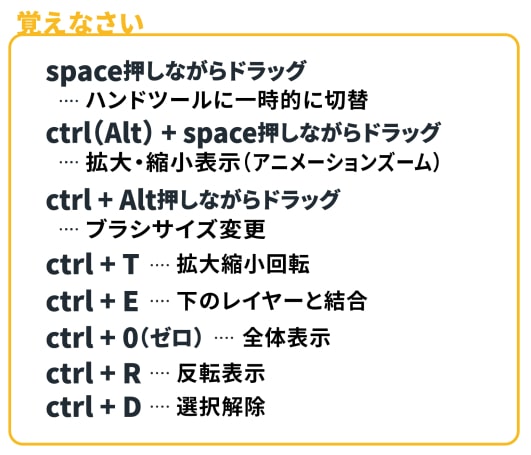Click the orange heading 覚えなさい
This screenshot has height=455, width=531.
[x=81, y=23]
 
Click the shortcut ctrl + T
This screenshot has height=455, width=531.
[x=92, y=264]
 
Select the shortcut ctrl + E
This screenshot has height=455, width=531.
[x=92, y=301]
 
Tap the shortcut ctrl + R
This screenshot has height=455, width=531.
[x=93, y=373]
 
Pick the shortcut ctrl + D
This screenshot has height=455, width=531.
[x=93, y=406]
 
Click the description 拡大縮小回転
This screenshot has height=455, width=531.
[x=243, y=264]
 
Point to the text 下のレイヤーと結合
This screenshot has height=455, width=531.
[x=272, y=301]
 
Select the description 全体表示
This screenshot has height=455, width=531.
[x=286, y=338]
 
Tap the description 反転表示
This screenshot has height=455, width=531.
[x=221, y=373]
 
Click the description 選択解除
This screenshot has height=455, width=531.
[x=221, y=406]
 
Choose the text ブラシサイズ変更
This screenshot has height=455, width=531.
[x=175, y=229]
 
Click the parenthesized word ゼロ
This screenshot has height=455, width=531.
[x=169, y=338]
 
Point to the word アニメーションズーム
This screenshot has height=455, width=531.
[x=340, y=162]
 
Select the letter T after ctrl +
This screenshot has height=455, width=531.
[x=131, y=264]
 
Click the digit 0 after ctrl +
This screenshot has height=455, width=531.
[x=130, y=338]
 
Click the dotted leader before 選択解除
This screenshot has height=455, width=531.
[x=160, y=406]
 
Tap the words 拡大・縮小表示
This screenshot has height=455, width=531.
[x=163, y=162]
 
